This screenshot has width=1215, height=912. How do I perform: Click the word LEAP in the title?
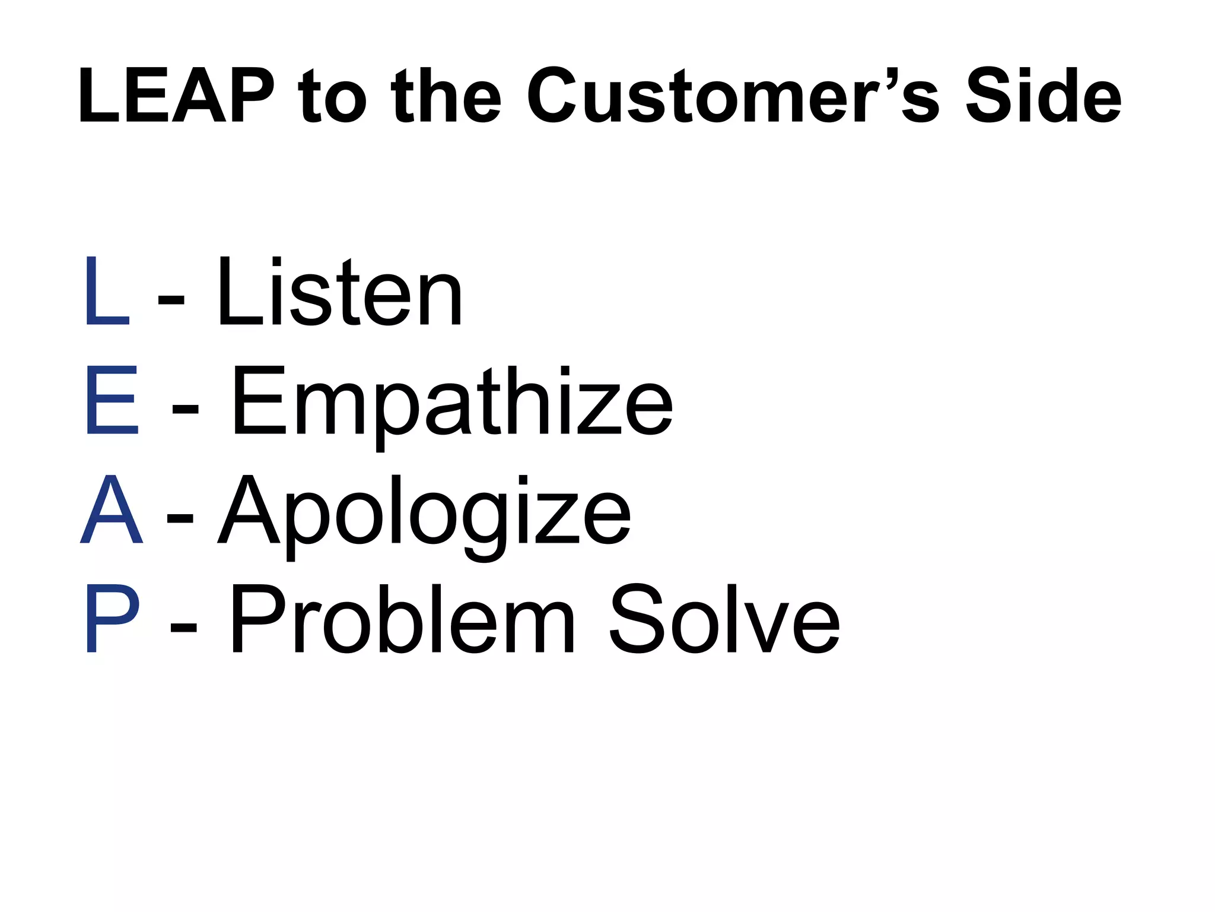coord(176,96)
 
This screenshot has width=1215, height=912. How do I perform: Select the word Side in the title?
coord(1044,96)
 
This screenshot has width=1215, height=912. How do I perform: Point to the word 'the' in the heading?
coord(446,96)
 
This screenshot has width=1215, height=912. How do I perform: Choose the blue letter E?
coord(112,400)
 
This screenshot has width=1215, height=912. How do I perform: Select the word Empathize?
coord(451,404)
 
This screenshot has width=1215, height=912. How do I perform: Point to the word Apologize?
coord(424,514)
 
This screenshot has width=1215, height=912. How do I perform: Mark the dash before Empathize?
coord(185,410)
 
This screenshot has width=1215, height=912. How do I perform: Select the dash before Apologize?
coord(180,520)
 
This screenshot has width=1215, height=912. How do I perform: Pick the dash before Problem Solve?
coord(183,628)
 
